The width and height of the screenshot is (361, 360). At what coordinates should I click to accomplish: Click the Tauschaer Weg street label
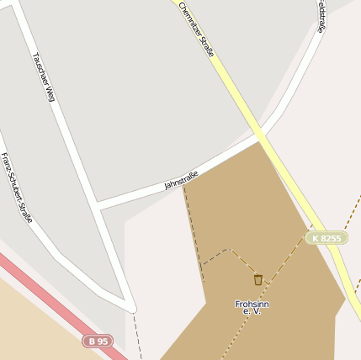pos(43,77)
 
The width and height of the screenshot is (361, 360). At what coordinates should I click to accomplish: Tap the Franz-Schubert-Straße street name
pos(16,187)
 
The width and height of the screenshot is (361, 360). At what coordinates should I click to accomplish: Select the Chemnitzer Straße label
pos(197,29)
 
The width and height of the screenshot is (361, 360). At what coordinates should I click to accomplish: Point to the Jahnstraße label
pos(181,179)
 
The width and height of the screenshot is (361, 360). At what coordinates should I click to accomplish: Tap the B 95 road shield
pos(98,341)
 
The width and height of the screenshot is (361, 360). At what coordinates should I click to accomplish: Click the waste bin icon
pos(257,279)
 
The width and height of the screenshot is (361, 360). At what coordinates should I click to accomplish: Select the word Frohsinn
pos(252,304)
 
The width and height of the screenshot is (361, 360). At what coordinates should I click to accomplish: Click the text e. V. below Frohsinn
pos(252,312)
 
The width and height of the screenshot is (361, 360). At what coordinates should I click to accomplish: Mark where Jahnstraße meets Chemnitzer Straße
pos(260,139)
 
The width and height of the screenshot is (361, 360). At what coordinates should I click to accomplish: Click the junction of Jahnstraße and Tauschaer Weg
pos(98,206)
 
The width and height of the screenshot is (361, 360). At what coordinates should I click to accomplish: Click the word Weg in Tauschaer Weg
pos(49,92)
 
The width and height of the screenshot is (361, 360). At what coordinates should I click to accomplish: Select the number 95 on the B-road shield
pos(102,341)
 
